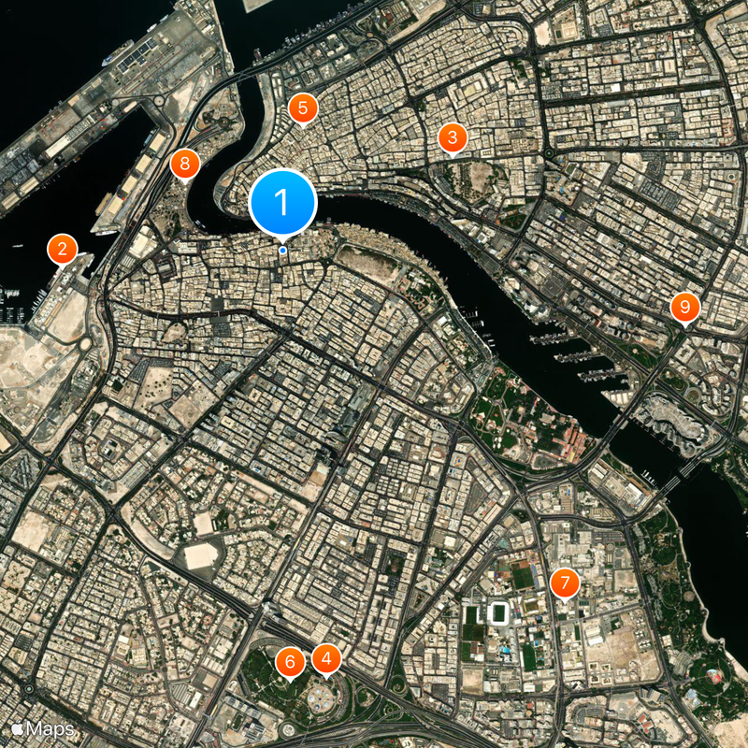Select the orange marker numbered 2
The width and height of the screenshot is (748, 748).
[62, 249]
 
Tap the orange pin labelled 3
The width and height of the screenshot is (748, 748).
[453, 138]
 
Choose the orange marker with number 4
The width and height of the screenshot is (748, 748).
[325, 659]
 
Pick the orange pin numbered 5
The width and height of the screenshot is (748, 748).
[302, 108]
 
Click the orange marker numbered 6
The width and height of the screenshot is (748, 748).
[290, 662]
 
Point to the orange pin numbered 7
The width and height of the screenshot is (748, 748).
[564, 583]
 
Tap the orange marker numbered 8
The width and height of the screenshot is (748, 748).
[185, 165]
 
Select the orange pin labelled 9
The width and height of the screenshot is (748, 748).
[685, 307]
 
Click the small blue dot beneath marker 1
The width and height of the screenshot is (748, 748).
[282, 250]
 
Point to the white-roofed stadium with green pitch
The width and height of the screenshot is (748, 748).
[497, 614]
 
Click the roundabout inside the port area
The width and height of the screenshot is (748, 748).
[158, 101]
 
